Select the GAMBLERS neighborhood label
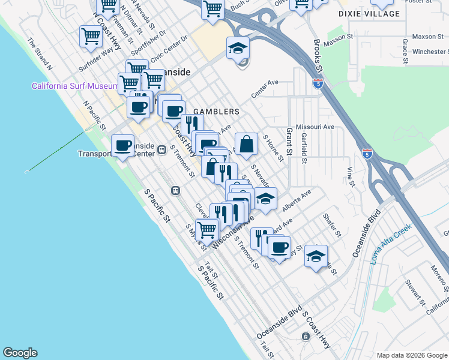point(221,112)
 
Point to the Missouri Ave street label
point(315,127)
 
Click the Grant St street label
point(289,139)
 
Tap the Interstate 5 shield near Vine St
point(367,154)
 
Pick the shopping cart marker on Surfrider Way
point(91,36)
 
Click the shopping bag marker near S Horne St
point(246,144)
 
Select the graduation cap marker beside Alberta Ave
point(265,198)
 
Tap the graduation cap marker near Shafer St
point(316,256)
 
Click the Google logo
point(20,353)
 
